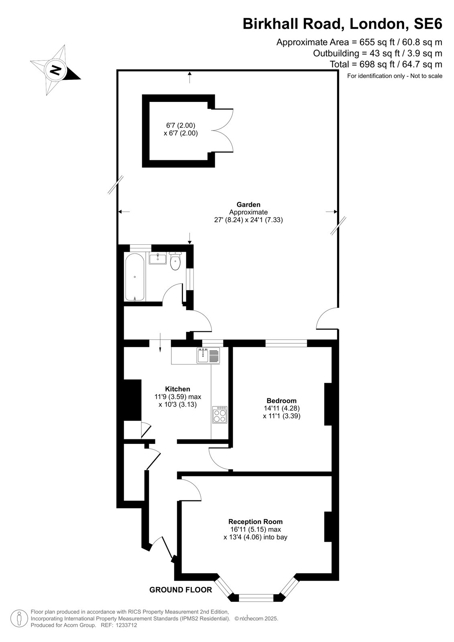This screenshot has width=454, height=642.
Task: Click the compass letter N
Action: [x=56, y=70]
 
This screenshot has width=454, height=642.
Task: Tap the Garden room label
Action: [x=248, y=204]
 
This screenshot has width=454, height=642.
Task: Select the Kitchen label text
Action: [x=177, y=389]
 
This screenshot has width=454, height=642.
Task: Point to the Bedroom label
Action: [x=282, y=400]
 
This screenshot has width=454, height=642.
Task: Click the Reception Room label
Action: [x=256, y=521]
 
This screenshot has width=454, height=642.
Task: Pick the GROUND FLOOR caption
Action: [x=181, y=589]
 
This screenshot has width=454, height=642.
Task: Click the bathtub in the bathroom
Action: [x=134, y=277]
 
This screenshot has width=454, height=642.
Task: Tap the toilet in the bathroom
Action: [x=175, y=261]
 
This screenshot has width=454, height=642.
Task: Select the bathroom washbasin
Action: [x=157, y=258]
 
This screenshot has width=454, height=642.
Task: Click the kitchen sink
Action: [x=208, y=356]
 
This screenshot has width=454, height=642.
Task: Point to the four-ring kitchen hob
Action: [x=220, y=415]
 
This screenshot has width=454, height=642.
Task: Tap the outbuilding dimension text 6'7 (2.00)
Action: [x=181, y=125]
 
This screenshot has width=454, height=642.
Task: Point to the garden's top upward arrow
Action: [x=189, y=77]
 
